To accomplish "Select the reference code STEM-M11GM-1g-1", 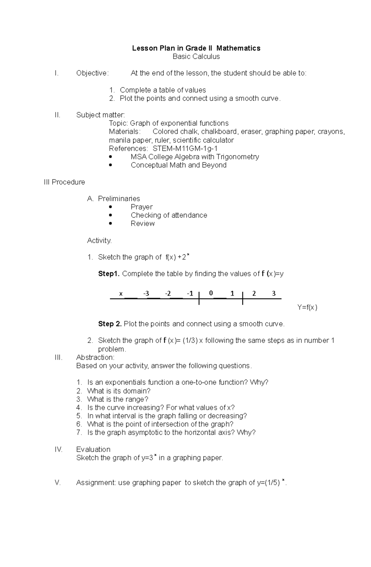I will [185, 148].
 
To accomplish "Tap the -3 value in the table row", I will [146, 293].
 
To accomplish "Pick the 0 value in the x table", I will [211, 293].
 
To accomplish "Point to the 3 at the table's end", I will [274, 293].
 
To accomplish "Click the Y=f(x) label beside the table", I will [307, 307].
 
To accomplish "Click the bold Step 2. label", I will [110, 324].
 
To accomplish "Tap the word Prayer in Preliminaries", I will [142, 207].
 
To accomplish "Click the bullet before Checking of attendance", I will [111, 215].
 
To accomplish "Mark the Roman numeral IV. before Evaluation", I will [59, 449].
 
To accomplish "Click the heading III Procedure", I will [64, 182].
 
